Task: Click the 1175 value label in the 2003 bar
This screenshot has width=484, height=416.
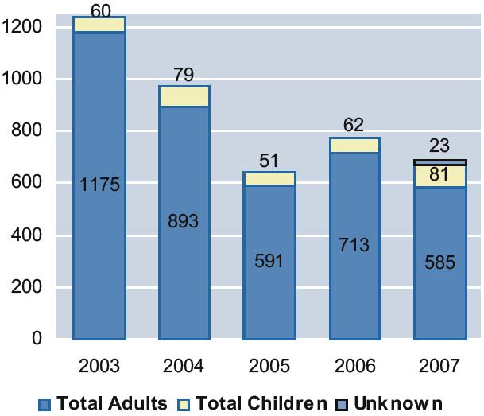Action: pyautogui.click(x=99, y=185)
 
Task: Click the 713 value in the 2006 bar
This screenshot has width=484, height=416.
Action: pyautogui.click(x=354, y=245)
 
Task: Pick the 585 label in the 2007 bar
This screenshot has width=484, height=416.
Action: pyautogui.click(x=440, y=262)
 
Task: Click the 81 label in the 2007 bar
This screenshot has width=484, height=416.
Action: pyautogui.click(x=440, y=174)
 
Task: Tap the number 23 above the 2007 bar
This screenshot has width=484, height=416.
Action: pyautogui.click(x=440, y=146)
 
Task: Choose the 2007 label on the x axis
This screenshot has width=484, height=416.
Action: pyautogui.click(x=440, y=367)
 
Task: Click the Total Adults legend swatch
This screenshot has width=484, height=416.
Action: pyautogui.click(x=45, y=404)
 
